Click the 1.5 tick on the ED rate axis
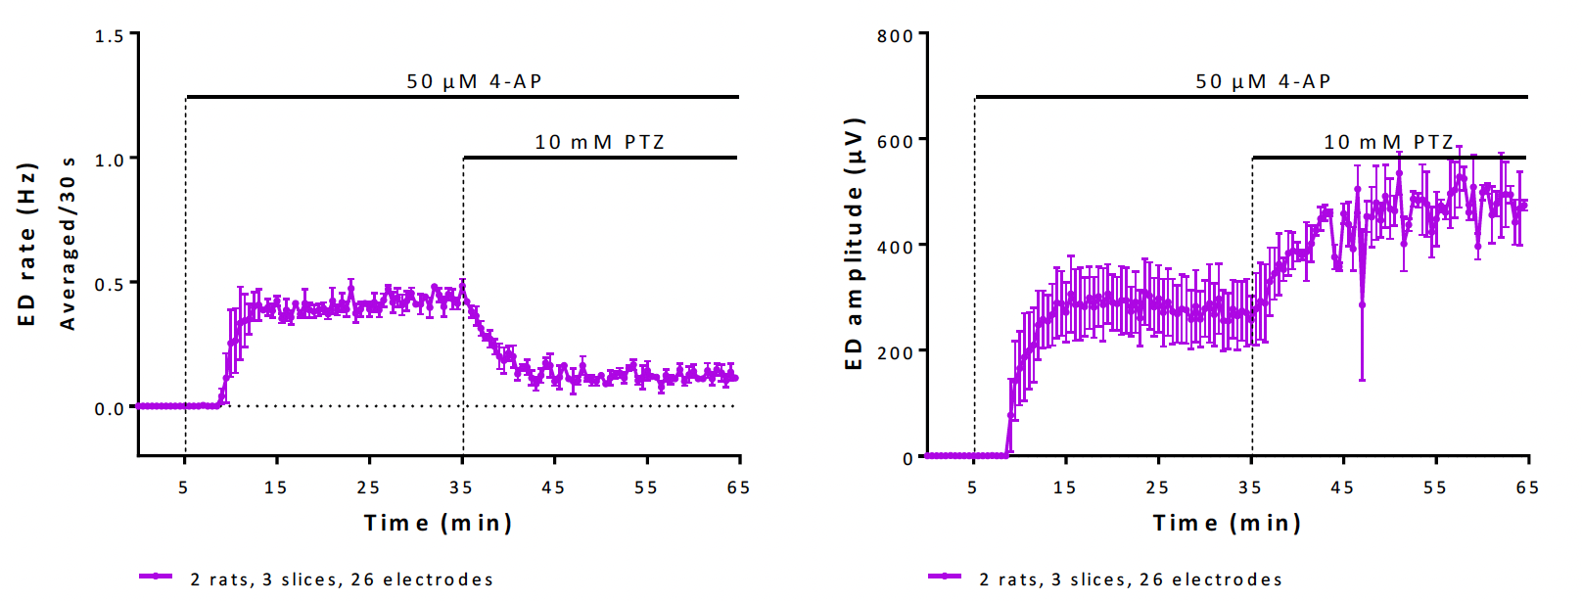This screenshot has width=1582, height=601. tap(110, 36)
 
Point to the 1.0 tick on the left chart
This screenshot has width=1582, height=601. tap(110, 160)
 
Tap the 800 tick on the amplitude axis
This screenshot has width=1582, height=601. tap(895, 36)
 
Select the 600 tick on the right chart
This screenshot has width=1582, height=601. tap(895, 141)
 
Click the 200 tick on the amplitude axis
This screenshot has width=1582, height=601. tap(895, 352)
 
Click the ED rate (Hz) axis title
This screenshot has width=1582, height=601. tap(27, 245)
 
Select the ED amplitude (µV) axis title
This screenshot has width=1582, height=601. tap(854, 245)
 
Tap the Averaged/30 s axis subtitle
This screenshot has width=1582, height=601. tap(68, 245)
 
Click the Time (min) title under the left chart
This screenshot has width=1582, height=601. tap(439, 523)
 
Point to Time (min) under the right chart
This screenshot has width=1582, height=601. tap(1228, 523)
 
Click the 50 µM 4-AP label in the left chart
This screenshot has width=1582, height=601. tap(475, 81)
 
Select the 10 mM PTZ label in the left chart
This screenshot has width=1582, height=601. tap(599, 142)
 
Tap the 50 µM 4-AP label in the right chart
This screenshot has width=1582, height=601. tap(1264, 81)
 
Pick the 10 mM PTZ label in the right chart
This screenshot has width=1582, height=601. tap(1388, 142)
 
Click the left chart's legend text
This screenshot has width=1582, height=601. tap(342, 579)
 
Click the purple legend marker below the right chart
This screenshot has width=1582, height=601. tap(945, 577)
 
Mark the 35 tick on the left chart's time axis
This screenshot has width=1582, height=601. tap(461, 487)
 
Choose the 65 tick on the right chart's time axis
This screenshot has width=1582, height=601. tap(1527, 487)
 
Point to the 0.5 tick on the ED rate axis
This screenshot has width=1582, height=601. tap(110, 284)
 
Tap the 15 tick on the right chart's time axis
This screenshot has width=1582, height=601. tap(1064, 487)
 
